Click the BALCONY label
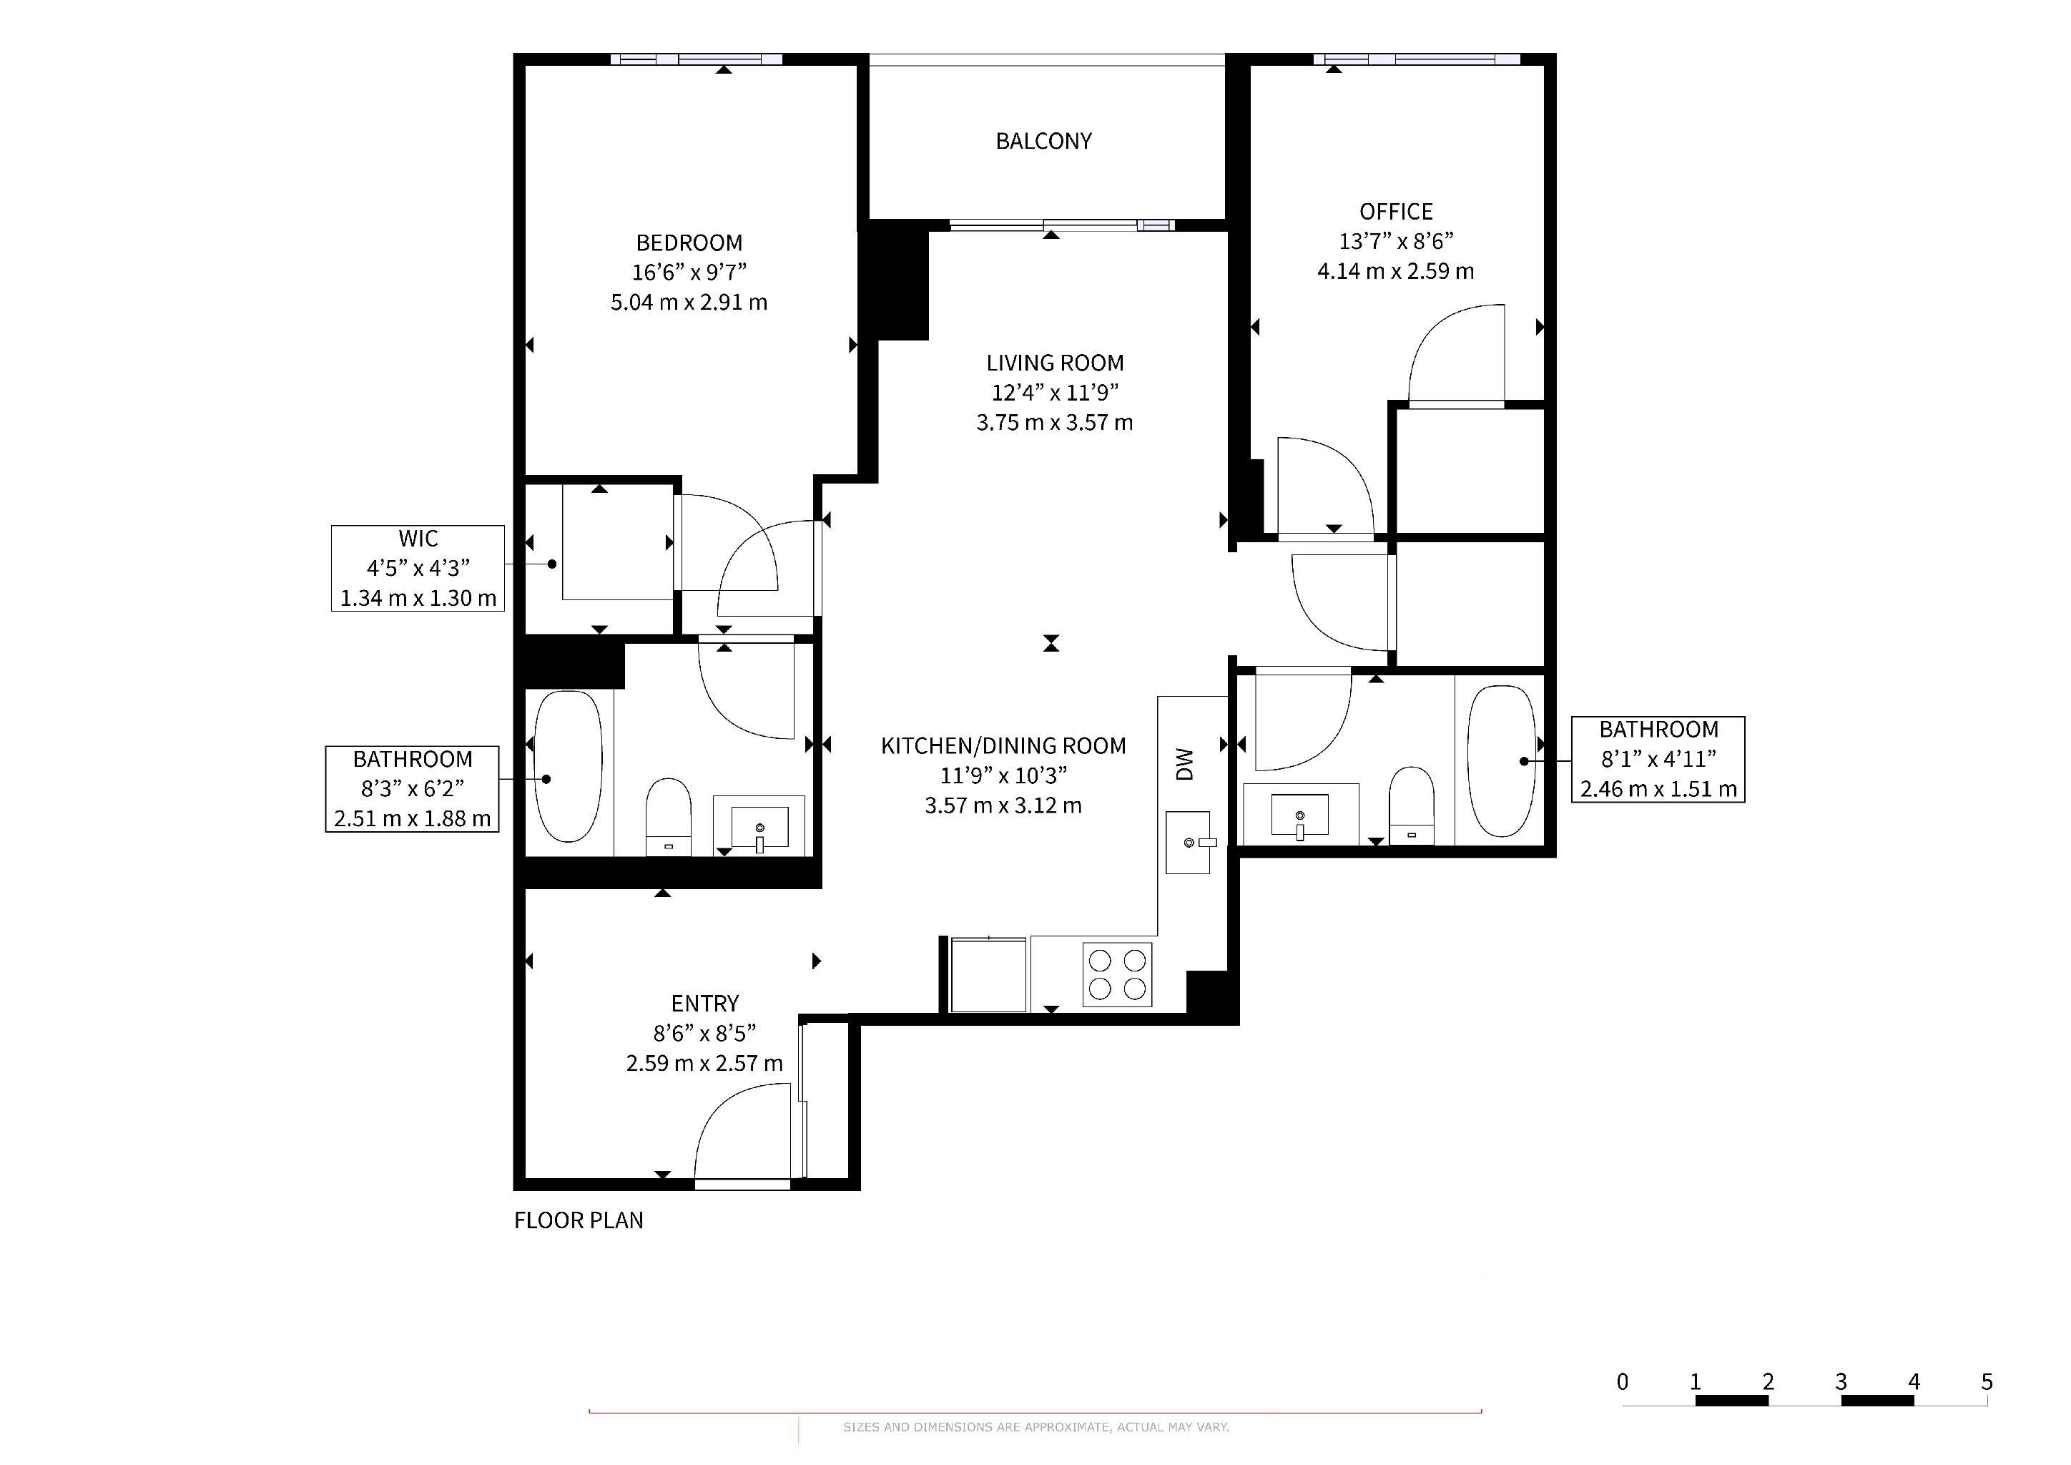click(1043, 141)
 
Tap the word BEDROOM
click(689, 242)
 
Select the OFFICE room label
click(1397, 211)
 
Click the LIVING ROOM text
click(1054, 363)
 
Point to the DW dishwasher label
click(1184, 763)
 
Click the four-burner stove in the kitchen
click(1118, 974)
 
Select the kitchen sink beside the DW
click(1188, 843)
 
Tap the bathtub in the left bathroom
click(569, 767)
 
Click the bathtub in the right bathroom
click(1501, 760)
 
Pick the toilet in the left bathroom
click(669, 816)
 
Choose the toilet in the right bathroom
click(1412, 805)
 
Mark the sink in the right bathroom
click(1300, 815)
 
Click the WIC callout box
click(418, 568)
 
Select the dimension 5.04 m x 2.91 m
click(689, 302)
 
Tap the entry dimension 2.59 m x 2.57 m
click(704, 1064)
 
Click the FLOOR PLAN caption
click(579, 1220)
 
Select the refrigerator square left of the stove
click(988, 974)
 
